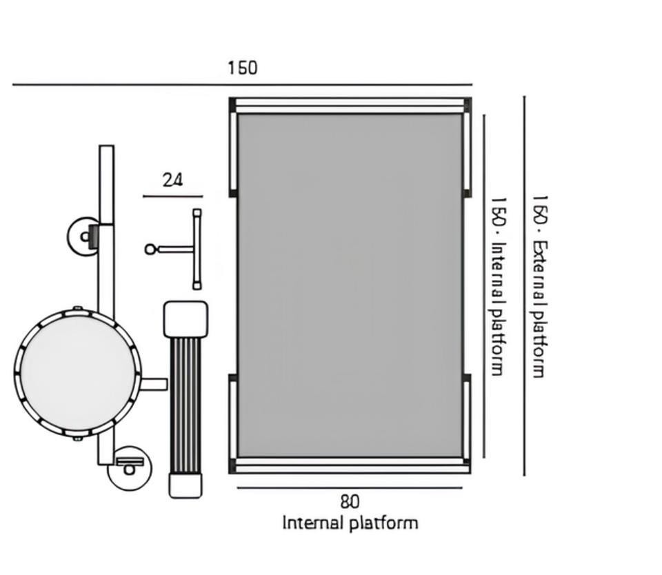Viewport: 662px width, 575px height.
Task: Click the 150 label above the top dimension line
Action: click(242, 68)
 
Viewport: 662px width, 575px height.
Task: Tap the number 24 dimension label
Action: click(172, 180)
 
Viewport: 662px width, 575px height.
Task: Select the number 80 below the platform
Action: click(350, 502)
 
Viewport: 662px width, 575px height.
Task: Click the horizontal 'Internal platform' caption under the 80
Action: click(350, 523)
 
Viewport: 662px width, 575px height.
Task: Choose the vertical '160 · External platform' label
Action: click(539, 286)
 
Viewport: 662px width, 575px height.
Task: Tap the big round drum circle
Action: click(77, 372)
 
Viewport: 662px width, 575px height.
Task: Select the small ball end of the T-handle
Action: click(150, 249)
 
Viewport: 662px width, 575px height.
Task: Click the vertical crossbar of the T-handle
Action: click(197, 249)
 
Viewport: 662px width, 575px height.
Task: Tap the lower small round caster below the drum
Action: click(130, 468)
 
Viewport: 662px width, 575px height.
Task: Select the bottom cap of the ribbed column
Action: click(185, 484)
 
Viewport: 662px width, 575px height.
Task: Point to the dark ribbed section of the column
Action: click(185, 404)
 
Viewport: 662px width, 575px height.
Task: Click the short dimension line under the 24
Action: click(172, 196)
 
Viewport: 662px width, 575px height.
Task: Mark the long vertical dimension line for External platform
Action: click(524, 286)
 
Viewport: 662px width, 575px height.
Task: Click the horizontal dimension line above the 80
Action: click(350, 487)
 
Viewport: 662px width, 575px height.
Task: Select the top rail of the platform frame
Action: click(350, 105)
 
